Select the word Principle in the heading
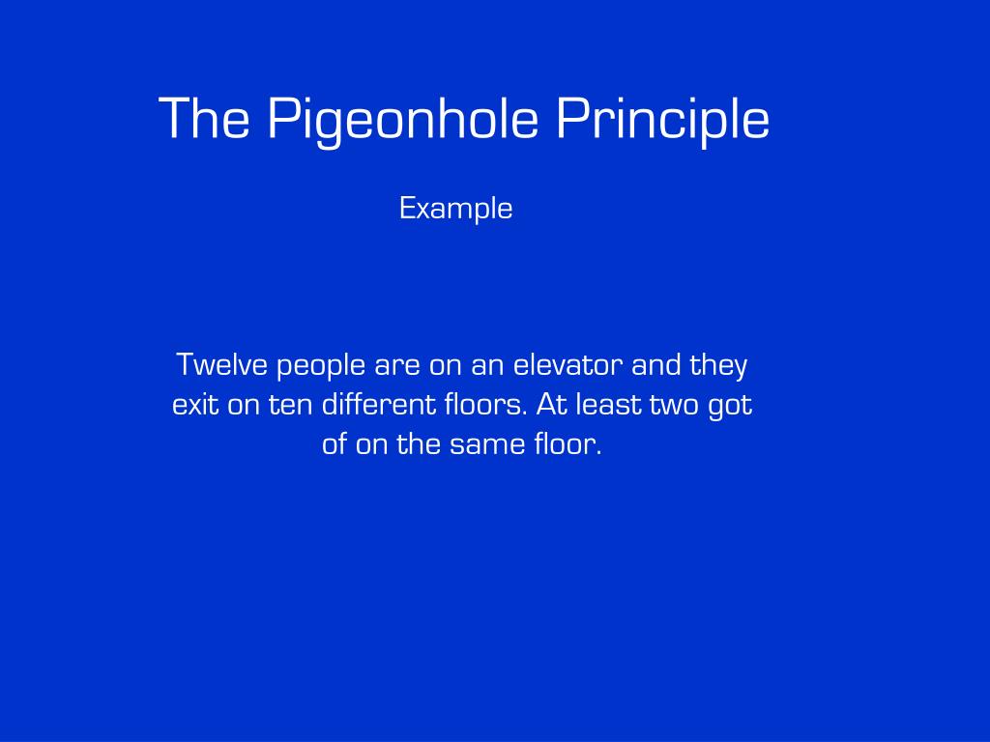click(662, 120)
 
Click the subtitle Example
click(455, 209)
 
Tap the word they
click(718, 367)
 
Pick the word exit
click(195, 405)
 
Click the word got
click(730, 407)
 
